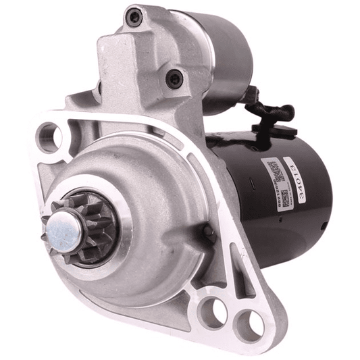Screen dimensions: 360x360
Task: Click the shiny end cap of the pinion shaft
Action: pyautogui.click(x=65, y=230)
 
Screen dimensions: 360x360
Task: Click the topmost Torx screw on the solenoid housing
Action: pyautogui.click(x=135, y=15)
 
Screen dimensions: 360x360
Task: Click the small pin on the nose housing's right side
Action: pyautogui.click(x=207, y=233)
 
